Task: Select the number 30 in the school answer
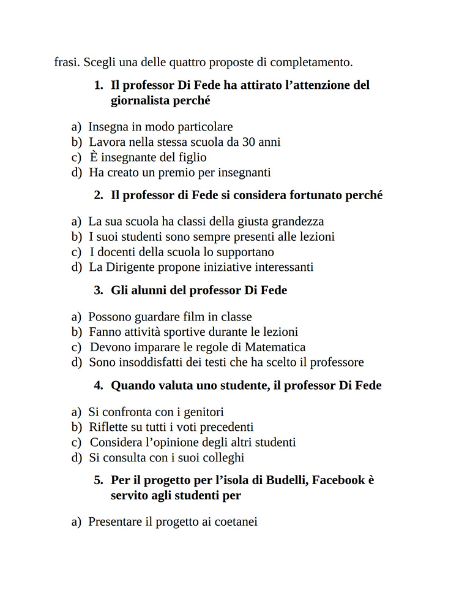click(249, 142)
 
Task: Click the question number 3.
click(99, 290)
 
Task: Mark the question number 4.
click(99, 385)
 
